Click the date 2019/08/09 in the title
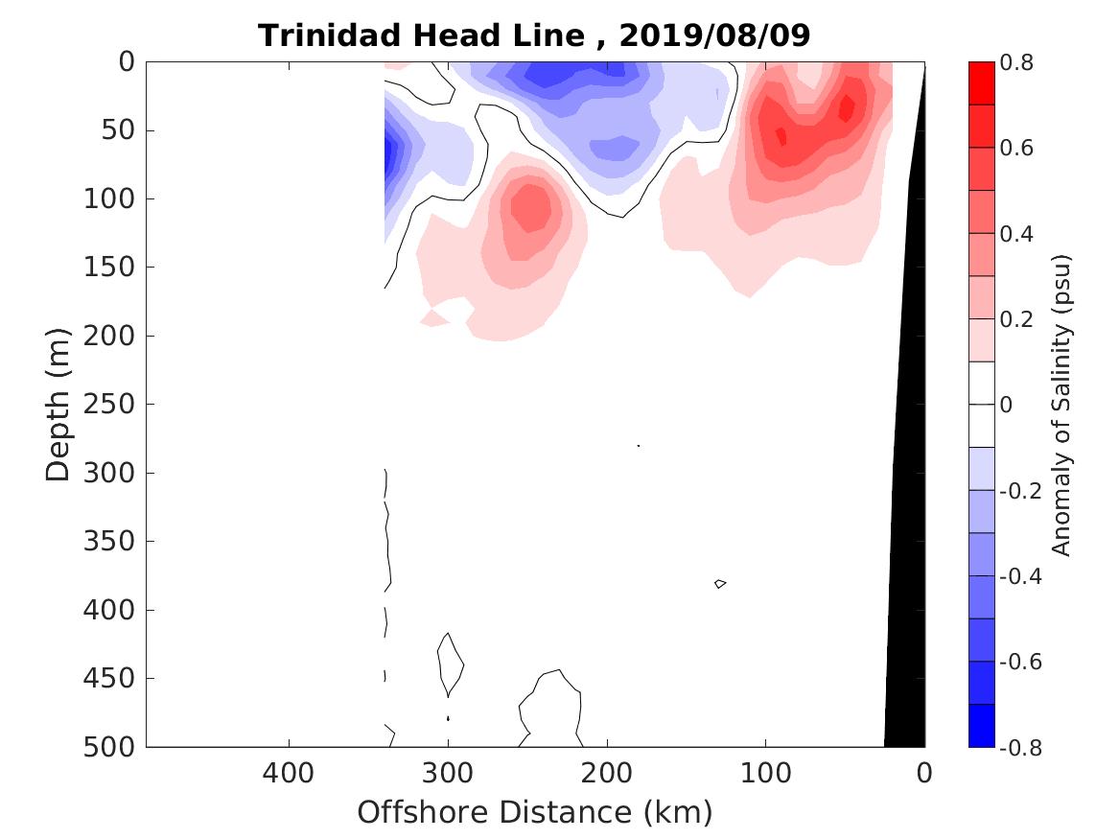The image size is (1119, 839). [x=714, y=35]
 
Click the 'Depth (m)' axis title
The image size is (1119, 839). [x=58, y=403]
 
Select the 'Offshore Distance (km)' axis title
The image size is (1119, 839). [x=535, y=813]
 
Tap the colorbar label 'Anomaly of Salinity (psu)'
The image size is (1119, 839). [x=1061, y=405]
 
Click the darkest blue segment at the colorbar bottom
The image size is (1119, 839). [x=981, y=726]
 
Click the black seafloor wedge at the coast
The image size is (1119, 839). [x=906, y=575]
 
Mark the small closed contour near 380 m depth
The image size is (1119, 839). [x=720, y=583]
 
